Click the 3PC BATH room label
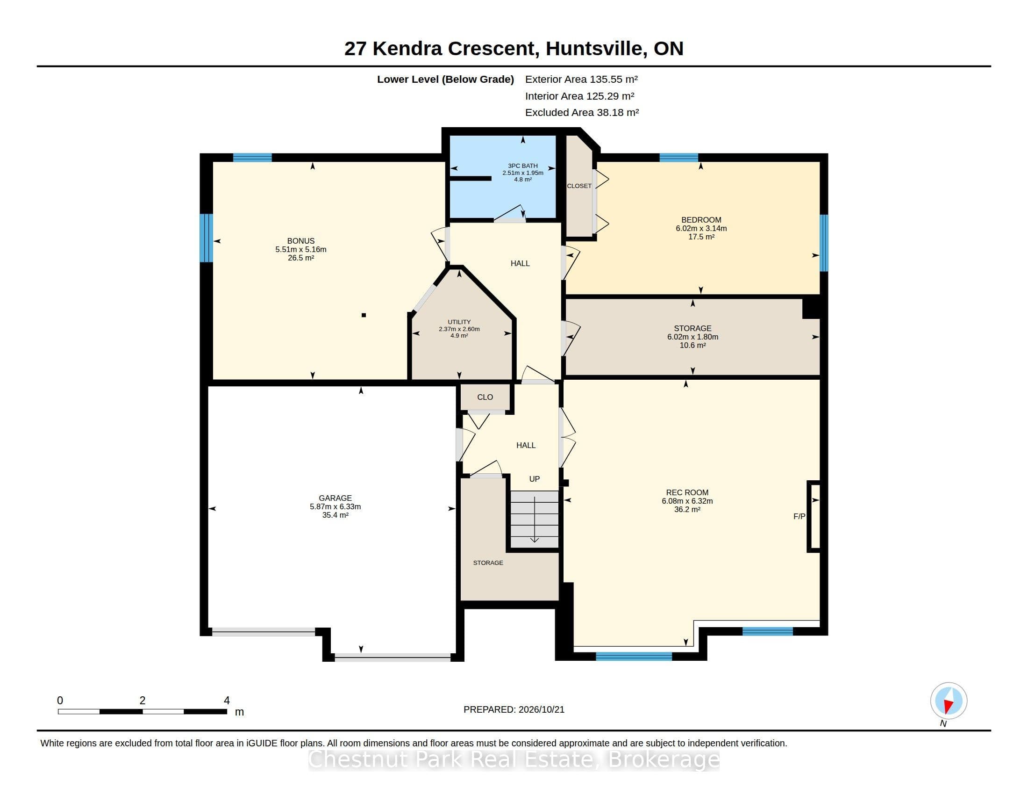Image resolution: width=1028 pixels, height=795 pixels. [x=522, y=166]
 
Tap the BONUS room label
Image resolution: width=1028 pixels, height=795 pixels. [x=301, y=241]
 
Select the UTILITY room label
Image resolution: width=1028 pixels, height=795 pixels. [x=459, y=322]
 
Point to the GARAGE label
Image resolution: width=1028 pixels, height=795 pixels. [x=335, y=498]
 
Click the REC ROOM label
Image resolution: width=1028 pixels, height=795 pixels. [x=687, y=492]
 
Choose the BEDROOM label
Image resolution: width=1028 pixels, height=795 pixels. [x=701, y=219]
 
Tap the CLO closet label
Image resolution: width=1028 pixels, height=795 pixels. [x=485, y=397]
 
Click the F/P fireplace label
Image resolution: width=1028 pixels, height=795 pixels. [x=799, y=516]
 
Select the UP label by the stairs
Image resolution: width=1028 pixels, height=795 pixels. [x=534, y=479]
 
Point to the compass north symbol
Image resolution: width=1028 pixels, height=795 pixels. [x=949, y=701]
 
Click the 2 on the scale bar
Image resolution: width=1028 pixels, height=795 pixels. [x=142, y=701]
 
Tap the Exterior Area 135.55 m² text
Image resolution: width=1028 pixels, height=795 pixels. [x=581, y=79]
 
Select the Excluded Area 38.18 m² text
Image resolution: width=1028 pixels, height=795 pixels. [x=582, y=112]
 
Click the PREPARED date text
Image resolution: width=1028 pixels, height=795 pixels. [x=514, y=709]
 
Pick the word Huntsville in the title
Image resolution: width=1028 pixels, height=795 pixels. [x=594, y=48]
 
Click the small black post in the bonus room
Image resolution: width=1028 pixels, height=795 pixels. [x=364, y=315]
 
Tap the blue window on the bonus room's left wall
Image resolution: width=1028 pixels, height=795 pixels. [x=206, y=238]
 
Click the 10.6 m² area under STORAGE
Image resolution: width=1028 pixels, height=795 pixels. [x=692, y=345]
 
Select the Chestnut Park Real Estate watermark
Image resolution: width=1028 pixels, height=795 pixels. [x=514, y=759]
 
